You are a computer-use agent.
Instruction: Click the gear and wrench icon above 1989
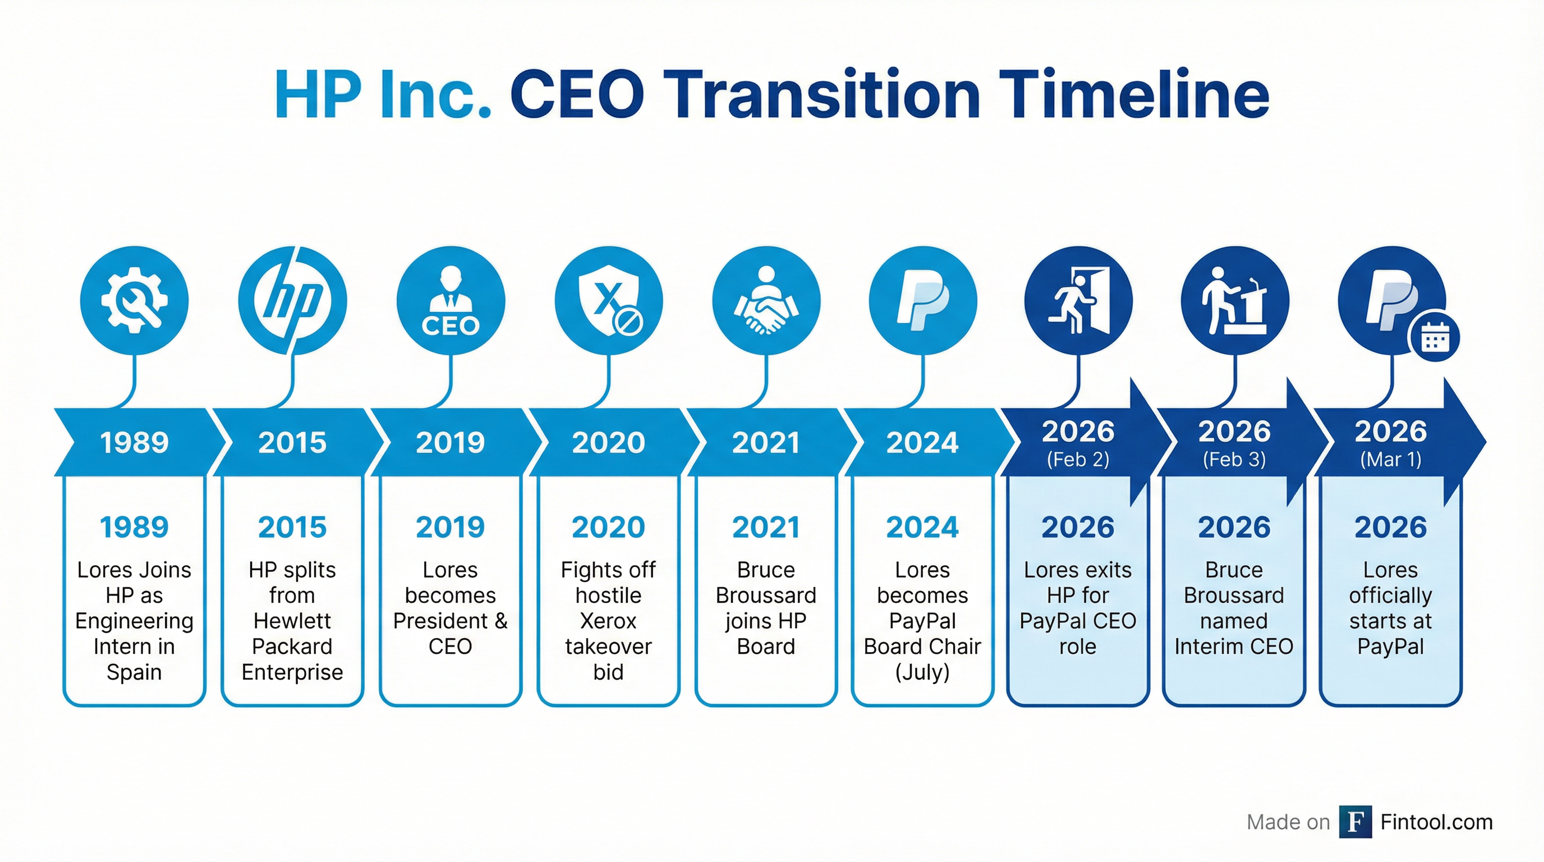tap(134, 300)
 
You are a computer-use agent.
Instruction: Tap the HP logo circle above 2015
tap(292, 300)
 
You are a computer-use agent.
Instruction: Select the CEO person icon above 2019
tap(451, 300)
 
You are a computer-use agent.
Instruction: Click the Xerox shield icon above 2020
tap(609, 300)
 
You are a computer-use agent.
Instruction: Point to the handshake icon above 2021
tap(766, 300)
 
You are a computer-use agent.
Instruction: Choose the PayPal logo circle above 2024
tap(923, 300)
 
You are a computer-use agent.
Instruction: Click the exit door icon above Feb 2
tap(1078, 300)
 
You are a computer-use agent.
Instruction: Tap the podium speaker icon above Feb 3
tap(1235, 300)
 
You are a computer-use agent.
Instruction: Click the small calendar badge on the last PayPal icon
tap(1435, 337)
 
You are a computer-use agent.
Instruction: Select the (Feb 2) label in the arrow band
tap(1078, 460)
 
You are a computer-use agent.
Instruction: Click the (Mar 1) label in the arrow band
tap(1391, 460)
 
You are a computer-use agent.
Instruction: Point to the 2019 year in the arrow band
tap(450, 443)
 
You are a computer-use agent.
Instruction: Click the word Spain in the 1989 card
tap(134, 672)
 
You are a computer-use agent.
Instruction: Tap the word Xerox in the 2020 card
tap(608, 621)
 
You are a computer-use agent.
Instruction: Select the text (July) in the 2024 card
tap(922, 672)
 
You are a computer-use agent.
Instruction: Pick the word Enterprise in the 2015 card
tap(292, 672)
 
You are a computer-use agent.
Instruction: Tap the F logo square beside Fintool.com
tap(1355, 822)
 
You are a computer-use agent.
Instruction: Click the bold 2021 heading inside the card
tap(766, 528)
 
